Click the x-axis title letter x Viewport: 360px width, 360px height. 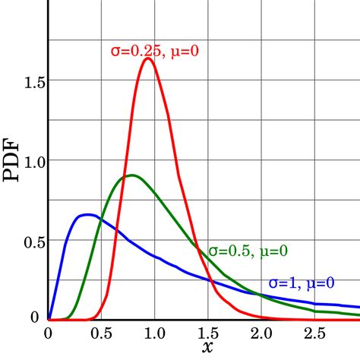point(207,346)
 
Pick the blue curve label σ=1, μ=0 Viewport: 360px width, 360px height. point(300,284)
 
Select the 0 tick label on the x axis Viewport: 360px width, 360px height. point(48,332)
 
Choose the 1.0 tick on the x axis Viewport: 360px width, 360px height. point(154,332)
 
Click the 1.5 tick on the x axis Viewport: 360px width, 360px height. point(207,332)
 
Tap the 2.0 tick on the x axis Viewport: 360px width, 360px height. point(261,332)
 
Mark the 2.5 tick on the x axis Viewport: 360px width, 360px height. point(314,332)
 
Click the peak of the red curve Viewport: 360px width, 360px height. point(148,58)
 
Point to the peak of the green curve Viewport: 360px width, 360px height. point(133,175)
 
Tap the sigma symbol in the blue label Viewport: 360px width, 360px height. point(273,285)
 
